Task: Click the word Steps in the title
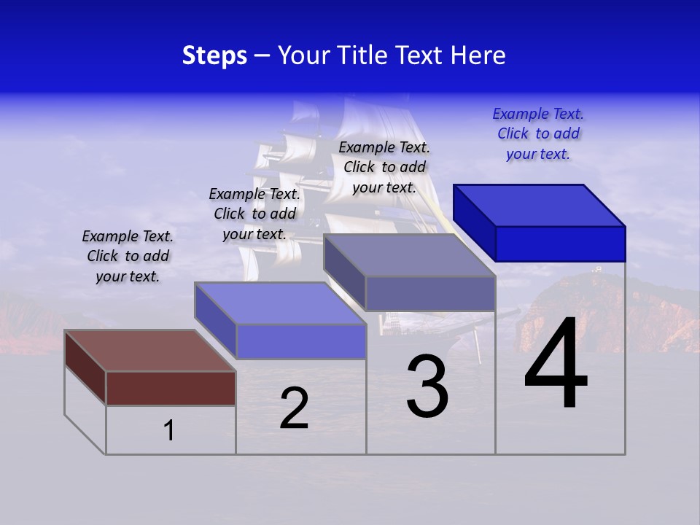[214, 55]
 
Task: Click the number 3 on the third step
[427, 386]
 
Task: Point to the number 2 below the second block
[294, 408]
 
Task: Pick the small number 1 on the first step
[169, 430]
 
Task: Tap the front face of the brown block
[171, 388]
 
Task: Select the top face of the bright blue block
[539, 205]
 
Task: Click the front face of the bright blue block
[560, 244]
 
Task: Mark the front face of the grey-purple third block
[430, 293]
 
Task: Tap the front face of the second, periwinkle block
[300, 341]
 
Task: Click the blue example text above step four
[538, 133]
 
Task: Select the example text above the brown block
[128, 256]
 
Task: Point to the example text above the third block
[384, 167]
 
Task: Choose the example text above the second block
[254, 214]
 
